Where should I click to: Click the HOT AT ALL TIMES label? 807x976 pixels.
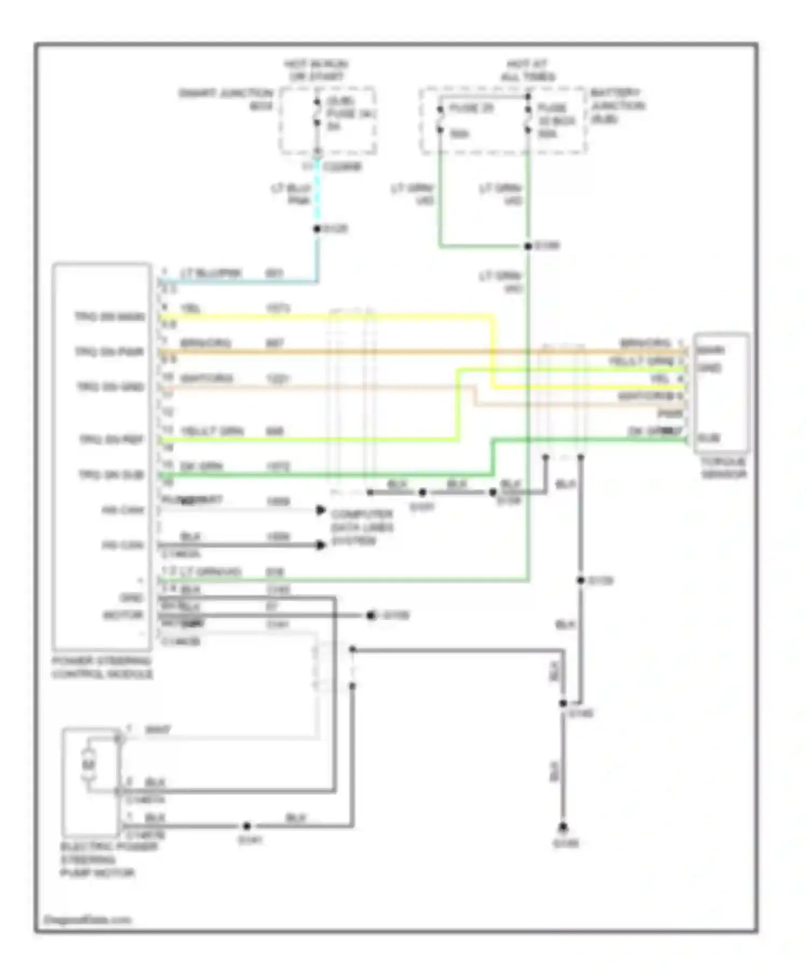pos(527,70)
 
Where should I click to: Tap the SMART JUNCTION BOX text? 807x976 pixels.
pos(226,100)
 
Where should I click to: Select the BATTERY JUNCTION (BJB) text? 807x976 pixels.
pos(617,106)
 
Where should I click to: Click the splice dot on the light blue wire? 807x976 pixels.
pos(317,229)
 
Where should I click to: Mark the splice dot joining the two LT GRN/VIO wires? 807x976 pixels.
pos(528,246)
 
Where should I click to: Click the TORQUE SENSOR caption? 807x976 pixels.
pos(724,468)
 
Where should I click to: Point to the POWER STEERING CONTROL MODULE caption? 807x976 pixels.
pos(102,668)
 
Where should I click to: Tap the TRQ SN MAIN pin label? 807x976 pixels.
pos(110,317)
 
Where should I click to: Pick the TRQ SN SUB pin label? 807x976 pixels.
pos(111,475)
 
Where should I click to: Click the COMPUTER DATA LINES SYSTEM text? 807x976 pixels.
pos(362,527)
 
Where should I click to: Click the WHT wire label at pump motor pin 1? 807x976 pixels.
pos(158,730)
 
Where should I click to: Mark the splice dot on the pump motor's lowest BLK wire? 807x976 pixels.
pos(246,826)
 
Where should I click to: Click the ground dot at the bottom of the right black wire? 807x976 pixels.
pos(563,827)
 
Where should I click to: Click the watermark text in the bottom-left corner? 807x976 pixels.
pos(87,920)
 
